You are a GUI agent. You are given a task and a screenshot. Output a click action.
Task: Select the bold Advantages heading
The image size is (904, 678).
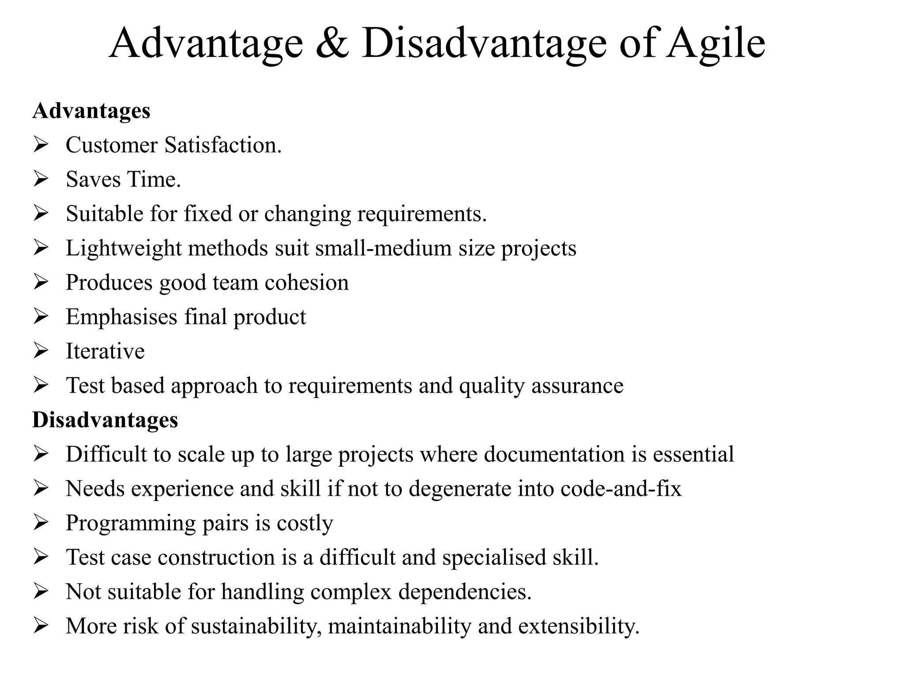point(91,111)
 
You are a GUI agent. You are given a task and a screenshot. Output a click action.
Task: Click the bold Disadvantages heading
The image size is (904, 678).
point(105,420)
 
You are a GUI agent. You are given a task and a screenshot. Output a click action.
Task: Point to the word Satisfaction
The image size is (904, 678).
point(223,145)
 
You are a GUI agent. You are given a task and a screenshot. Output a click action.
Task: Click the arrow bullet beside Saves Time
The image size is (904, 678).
point(41,179)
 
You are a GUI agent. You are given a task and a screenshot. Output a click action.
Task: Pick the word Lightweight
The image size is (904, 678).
point(124,248)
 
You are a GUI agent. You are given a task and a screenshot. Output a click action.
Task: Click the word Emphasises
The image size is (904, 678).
point(121,317)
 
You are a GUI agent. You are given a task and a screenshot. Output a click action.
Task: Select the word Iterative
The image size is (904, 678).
point(105,351)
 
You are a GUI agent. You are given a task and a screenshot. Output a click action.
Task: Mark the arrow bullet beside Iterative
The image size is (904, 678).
point(41,351)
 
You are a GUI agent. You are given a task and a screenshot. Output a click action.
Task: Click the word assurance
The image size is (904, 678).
point(577,386)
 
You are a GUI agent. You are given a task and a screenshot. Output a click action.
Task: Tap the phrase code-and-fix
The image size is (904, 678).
point(621,489)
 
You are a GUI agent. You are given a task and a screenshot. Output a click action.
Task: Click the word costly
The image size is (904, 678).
point(305,523)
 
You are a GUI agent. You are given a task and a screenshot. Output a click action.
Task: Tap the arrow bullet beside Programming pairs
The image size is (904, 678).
point(41,523)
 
